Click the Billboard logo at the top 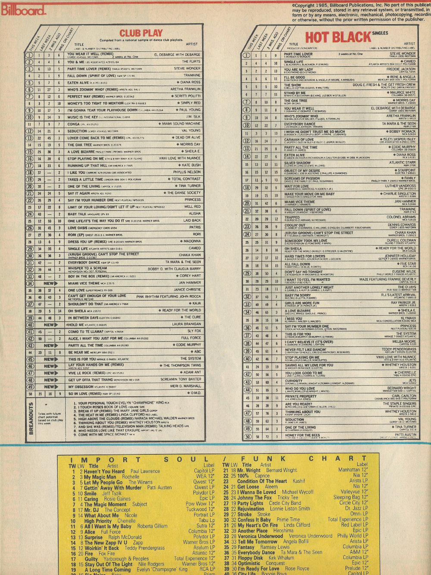tap(23, 9)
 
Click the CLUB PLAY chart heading tap(141, 33)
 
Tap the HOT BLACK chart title tap(338, 37)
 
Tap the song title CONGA tap(74, 124)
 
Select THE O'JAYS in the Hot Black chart tap(407, 287)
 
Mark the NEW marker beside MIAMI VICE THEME tap(51, 283)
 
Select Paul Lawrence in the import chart tap(145, 471)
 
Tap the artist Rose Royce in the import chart tap(297, 569)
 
